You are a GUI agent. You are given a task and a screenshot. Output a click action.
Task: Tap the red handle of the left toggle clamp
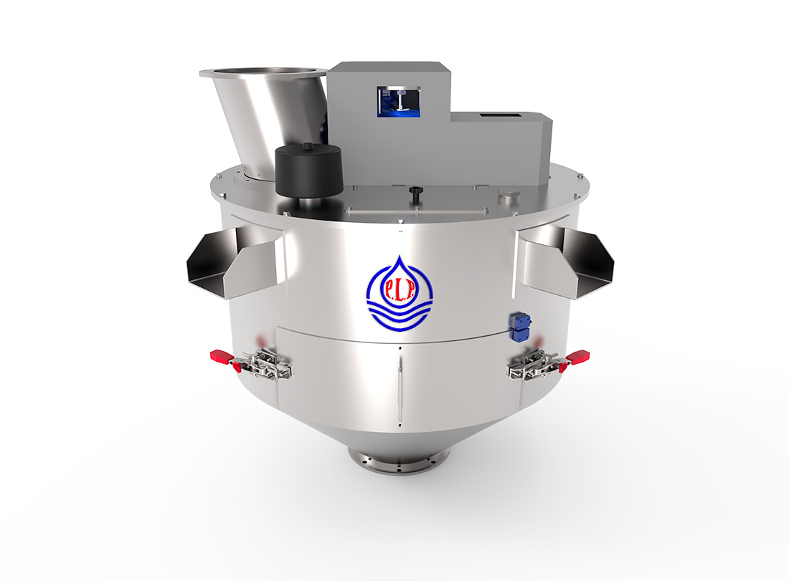(x=219, y=355)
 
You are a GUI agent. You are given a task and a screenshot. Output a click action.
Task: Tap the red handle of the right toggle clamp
(x=577, y=356)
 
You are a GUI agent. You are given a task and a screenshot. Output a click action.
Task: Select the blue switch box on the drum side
(x=519, y=327)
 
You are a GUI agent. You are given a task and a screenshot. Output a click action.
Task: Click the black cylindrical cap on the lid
(x=309, y=171)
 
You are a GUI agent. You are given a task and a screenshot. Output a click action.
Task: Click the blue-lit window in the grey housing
(x=399, y=102)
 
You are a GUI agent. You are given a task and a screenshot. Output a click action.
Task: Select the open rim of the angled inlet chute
(x=263, y=73)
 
